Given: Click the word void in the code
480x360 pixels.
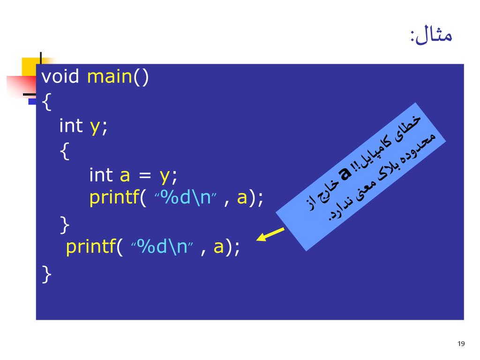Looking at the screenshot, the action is pos(60,76).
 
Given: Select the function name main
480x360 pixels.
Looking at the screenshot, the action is pos(109,76).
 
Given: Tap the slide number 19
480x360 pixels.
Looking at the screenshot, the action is pos(461,345).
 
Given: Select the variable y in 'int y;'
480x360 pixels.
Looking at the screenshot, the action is pos(95,127).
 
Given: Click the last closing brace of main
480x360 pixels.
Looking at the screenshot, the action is pos(46,274).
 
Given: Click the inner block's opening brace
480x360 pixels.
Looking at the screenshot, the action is pos(65,151).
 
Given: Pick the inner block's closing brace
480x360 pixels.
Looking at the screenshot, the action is pos(65,224).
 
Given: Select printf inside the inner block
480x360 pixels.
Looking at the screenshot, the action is pos(112,199).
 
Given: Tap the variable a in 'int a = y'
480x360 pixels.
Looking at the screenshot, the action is pos(125,175).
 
